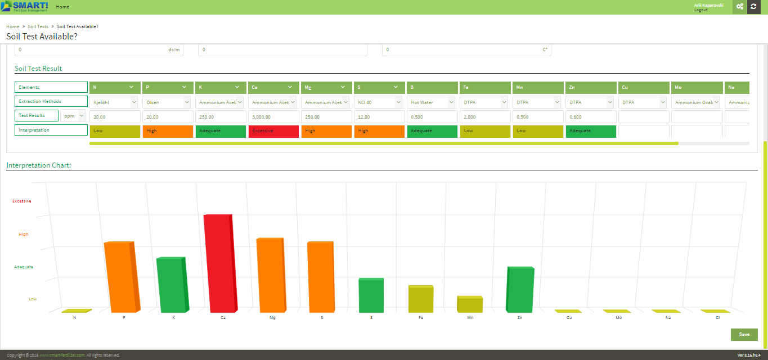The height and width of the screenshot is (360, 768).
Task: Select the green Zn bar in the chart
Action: click(x=520, y=290)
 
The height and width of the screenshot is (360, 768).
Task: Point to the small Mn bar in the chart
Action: click(x=470, y=304)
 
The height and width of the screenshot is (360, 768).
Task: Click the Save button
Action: click(x=744, y=334)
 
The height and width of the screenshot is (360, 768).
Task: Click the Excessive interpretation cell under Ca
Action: click(x=273, y=131)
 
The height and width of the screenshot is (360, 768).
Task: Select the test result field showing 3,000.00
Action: click(x=273, y=117)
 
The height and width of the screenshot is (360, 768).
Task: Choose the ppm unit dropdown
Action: click(x=73, y=116)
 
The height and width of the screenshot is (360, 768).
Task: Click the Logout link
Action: click(x=700, y=10)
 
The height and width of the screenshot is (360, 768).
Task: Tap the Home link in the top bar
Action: click(x=62, y=7)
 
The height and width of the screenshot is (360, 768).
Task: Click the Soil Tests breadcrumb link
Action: click(x=38, y=26)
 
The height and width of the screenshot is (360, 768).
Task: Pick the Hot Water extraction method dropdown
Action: click(x=432, y=102)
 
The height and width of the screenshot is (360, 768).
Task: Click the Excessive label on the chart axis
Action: click(x=22, y=201)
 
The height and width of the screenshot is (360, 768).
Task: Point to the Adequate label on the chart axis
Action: click(x=23, y=267)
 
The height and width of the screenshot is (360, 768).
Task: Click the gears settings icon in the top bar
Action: click(x=739, y=6)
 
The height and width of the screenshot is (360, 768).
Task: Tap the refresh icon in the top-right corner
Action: click(x=753, y=6)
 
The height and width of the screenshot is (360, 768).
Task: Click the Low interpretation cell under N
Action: click(x=115, y=131)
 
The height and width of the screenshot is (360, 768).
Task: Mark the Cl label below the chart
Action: click(x=717, y=318)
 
